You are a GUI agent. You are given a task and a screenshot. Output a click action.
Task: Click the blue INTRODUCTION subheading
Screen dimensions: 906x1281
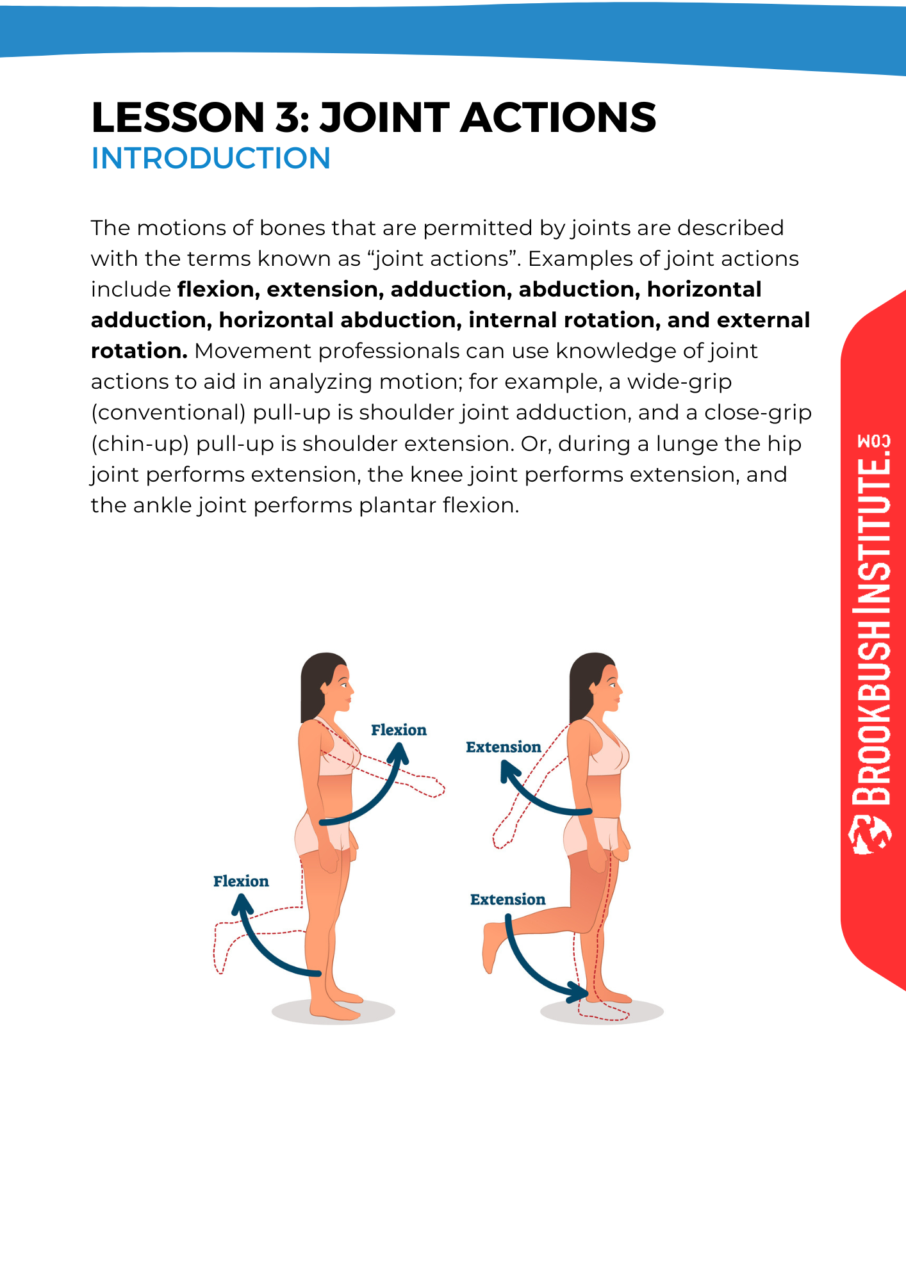point(211,158)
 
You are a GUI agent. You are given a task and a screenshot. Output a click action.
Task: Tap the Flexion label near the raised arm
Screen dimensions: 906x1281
point(399,730)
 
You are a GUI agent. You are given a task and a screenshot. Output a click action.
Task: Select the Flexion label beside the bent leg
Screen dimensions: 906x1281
point(241,881)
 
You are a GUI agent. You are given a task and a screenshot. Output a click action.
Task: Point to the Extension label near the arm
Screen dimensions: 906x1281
point(504,747)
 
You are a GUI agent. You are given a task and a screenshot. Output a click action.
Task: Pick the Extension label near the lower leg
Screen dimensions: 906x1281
point(508,899)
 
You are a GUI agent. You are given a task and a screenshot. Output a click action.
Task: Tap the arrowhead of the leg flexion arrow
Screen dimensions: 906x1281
point(242,905)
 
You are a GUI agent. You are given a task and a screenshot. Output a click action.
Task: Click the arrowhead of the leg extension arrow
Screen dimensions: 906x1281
point(579,993)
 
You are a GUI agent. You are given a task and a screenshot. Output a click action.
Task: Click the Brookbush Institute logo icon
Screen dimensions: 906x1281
point(870,835)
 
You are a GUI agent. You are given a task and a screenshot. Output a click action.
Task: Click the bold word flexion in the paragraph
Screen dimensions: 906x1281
point(218,290)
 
